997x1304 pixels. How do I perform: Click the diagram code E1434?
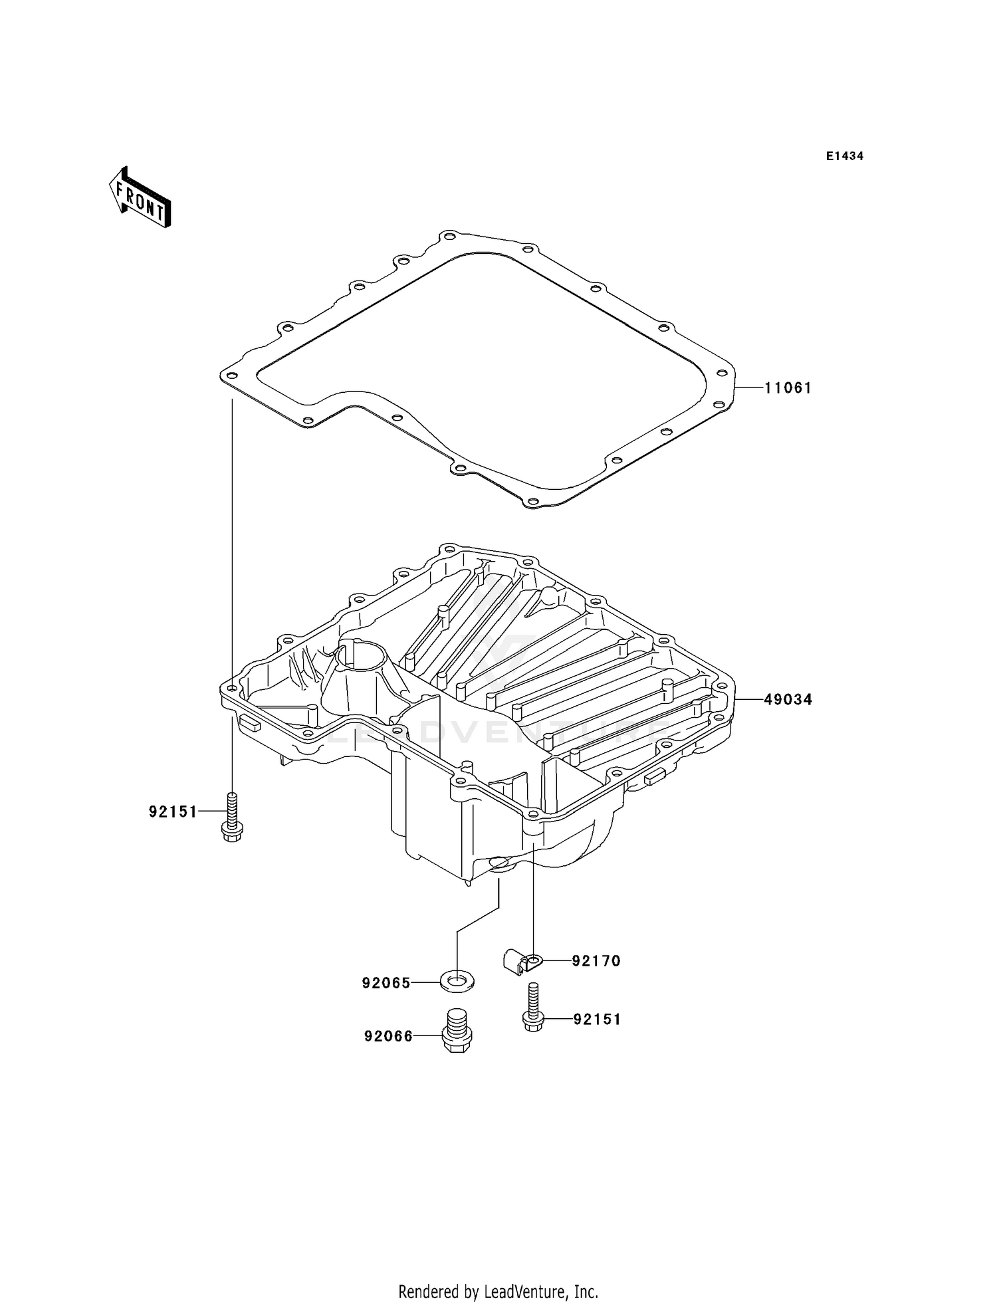tap(844, 156)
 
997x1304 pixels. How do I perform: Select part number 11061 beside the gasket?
tap(788, 387)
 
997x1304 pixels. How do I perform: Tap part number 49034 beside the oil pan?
tap(788, 700)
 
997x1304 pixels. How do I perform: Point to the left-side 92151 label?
tap(173, 812)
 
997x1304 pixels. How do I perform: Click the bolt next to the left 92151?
tap(231, 817)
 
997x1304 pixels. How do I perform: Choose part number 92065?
tap(386, 983)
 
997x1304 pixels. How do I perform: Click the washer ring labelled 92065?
tap(457, 980)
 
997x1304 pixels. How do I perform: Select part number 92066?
tap(388, 1036)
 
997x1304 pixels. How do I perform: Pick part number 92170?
tap(596, 961)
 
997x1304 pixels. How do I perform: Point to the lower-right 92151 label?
tap(597, 1020)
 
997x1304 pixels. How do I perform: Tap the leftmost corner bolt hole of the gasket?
tap(231, 376)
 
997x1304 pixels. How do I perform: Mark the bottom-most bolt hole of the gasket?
tap(530, 501)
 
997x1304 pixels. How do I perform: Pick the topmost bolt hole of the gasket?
tap(449, 237)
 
